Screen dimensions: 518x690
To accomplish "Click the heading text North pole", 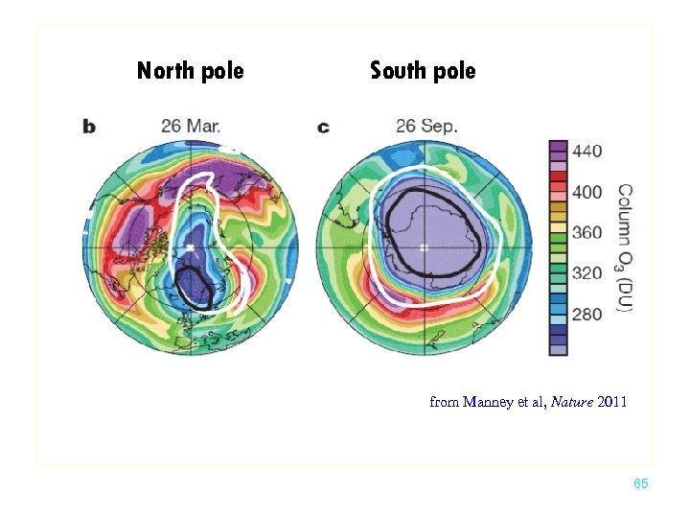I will point(190,71).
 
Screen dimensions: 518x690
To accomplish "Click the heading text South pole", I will point(423,71).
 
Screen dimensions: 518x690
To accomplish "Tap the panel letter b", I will point(89,127).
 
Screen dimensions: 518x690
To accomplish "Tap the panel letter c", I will point(323,127).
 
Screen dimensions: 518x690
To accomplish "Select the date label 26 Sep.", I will point(427,126).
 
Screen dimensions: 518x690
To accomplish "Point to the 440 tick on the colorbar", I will point(586,151).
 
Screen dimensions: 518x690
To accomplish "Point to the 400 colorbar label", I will point(586,192).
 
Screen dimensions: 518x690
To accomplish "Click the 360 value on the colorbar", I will point(586,232).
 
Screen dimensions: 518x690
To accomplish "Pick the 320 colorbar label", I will point(586,273).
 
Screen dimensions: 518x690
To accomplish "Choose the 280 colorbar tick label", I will point(586,314).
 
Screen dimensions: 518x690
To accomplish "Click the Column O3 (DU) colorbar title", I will point(624,248).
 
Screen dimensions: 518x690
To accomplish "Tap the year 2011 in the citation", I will point(611,402).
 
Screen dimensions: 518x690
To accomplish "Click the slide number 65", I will point(641,484).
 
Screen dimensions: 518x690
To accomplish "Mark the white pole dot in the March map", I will point(190,247).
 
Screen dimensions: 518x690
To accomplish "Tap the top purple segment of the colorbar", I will point(558,149).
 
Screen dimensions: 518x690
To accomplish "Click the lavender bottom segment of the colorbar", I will point(558,348).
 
